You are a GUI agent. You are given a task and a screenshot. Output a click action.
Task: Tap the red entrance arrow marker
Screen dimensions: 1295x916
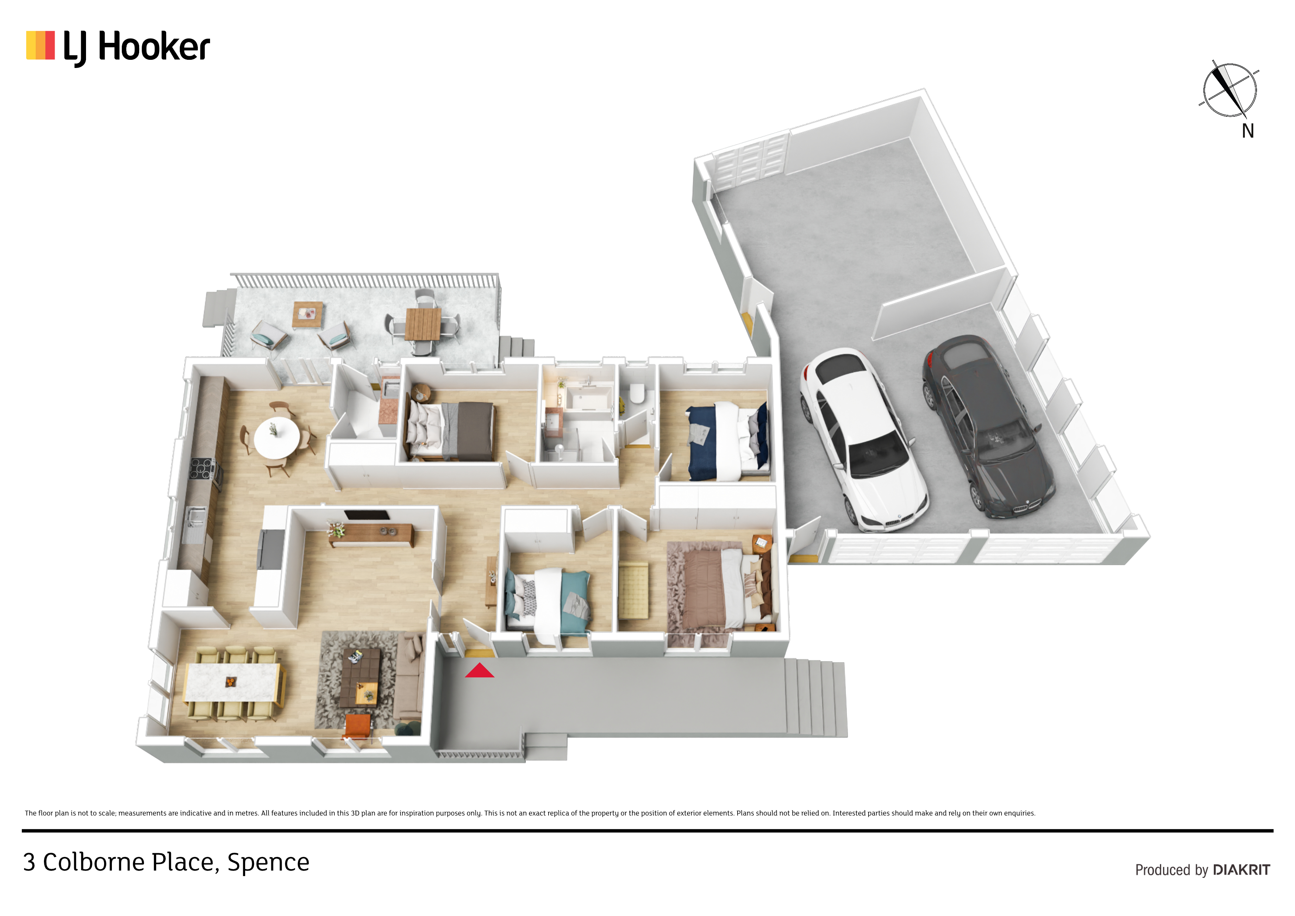pos(480,670)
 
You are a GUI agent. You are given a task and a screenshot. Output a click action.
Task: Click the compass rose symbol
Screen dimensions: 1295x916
pos(1229,90)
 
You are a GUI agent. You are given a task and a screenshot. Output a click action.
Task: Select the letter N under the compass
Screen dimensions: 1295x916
pos(1248,131)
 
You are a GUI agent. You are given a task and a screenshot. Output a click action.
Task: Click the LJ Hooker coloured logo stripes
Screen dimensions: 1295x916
pos(41,45)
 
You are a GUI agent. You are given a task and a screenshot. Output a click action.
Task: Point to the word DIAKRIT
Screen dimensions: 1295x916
pos(1241,870)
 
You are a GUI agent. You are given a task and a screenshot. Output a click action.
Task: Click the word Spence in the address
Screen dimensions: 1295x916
pos(268,863)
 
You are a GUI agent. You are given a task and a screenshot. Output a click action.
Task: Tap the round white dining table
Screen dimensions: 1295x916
pos(276,437)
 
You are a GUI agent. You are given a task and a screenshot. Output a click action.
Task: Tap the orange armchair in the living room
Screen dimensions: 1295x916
pos(358,726)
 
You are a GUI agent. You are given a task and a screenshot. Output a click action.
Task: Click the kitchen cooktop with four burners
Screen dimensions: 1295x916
pos(203,468)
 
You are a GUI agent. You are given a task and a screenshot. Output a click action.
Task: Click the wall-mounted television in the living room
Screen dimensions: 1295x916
pos(367,515)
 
